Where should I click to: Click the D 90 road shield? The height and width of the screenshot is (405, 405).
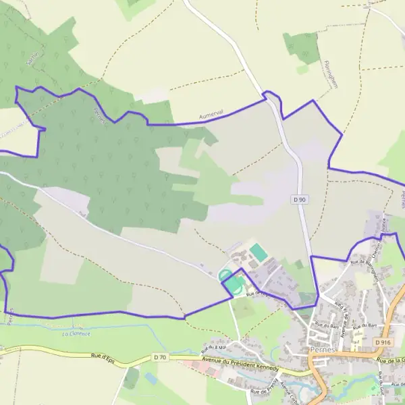click(x=300, y=200)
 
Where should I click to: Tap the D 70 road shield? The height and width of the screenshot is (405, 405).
click(x=160, y=357)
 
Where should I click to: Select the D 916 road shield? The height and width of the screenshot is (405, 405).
click(x=382, y=343)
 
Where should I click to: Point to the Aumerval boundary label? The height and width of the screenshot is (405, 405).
click(x=211, y=115)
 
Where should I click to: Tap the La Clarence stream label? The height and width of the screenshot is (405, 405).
click(x=75, y=333)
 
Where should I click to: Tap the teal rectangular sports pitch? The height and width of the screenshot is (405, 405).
click(x=258, y=252)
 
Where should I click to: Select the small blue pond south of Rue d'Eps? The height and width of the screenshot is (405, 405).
click(x=150, y=379)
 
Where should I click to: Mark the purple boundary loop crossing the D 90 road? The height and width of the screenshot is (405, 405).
click(x=271, y=95)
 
